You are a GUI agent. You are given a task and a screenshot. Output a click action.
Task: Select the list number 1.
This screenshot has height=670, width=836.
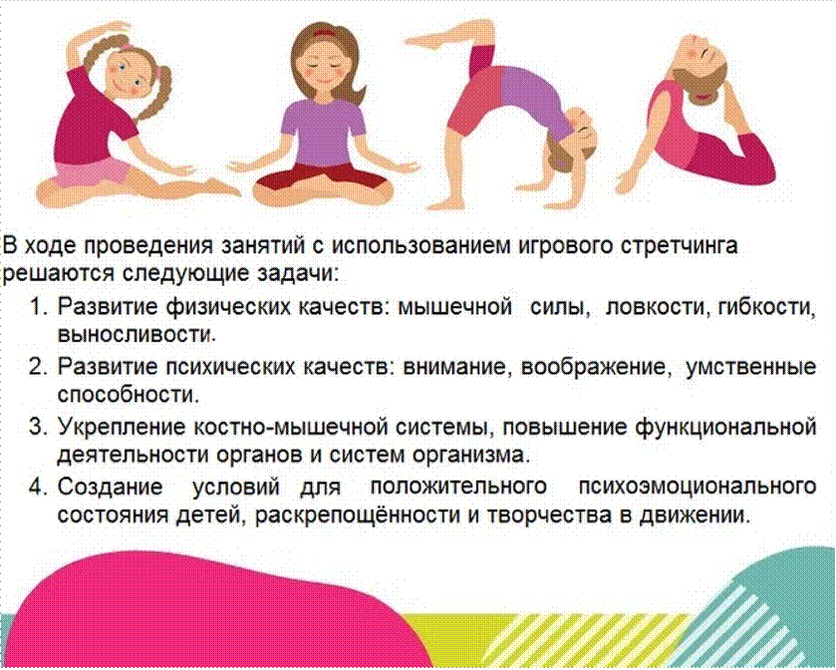(x=37, y=307)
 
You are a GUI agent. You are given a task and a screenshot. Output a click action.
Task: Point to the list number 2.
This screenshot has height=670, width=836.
(x=37, y=367)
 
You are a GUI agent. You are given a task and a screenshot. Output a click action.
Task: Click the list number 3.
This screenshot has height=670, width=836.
(x=37, y=427)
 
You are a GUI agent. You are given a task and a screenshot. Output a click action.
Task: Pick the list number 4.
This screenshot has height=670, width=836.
(x=37, y=487)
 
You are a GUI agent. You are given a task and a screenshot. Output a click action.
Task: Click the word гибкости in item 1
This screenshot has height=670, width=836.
(x=766, y=308)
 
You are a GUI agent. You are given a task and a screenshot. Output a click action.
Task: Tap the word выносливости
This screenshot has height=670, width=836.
(x=137, y=335)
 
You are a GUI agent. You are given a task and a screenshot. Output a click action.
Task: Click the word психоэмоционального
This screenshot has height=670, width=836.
(x=697, y=487)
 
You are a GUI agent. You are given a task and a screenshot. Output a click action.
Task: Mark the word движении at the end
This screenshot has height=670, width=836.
(x=695, y=515)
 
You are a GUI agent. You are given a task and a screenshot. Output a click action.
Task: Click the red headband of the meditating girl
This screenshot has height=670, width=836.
(x=324, y=33)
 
